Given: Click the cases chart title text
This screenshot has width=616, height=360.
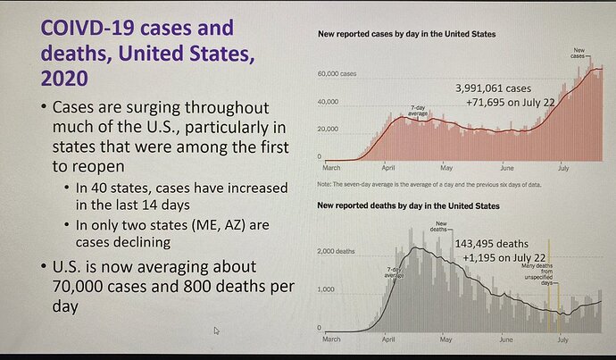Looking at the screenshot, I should [x=407, y=34].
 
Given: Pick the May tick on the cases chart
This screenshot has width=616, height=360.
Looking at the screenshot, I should [x=446, y=166].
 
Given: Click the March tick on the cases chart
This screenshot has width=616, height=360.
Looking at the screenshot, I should [x=330, y=166].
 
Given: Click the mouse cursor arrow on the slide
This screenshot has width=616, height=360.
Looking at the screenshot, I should [x=217, y=331].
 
